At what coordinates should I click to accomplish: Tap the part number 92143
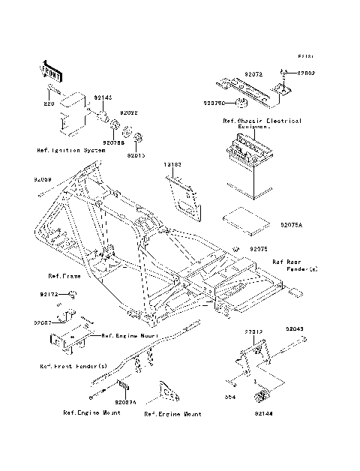pos(103,98)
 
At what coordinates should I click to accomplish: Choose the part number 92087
pos(44,322)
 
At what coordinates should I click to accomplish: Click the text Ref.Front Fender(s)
pos(73,366)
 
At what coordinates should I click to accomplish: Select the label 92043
pos(295,328)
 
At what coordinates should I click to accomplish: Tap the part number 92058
pos(43,180)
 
